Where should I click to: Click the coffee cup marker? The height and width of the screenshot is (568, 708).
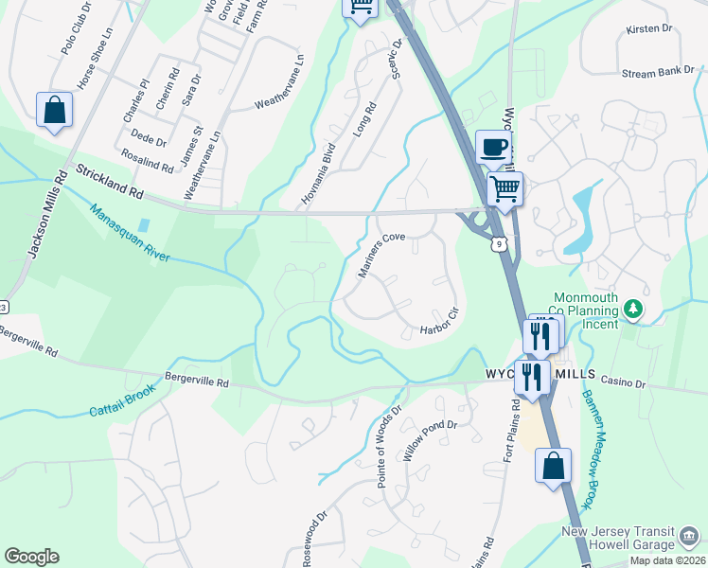[x=493, y=148]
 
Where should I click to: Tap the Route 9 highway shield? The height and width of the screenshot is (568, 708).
[x=498, y=245]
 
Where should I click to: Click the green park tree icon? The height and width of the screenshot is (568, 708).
[x=634, y=310]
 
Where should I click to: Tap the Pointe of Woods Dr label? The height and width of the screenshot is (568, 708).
[x=389, y=447]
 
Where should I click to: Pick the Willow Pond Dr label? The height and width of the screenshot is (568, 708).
[x=430, y=440]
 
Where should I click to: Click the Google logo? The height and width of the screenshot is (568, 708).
[x=31, y=557]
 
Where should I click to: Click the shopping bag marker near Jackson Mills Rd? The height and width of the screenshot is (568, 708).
[x=55, y=111]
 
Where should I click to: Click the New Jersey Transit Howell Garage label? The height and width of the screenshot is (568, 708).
[x=631, y=538]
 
